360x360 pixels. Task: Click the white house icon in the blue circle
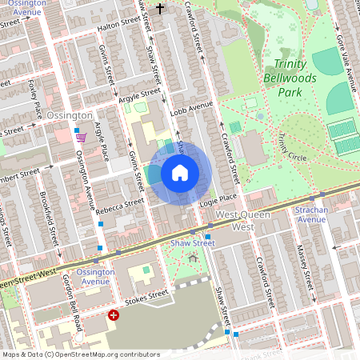pyautogui.click(x=180, y=173)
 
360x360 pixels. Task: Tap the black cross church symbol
pyautogui.click(x=159, y=9)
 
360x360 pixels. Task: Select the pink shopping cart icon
pyautogui.click(x=81, y=138)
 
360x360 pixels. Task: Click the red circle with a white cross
pyautogui.click(x=114, y=315)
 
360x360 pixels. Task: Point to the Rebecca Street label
pyautogui.click(x=120, y=206)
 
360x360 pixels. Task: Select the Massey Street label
pyautogui.click(x=306, y=267)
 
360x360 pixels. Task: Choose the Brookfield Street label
pyautogui.click(x=50, y=217)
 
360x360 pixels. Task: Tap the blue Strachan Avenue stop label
pyautogui.click(x=311, y=215)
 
